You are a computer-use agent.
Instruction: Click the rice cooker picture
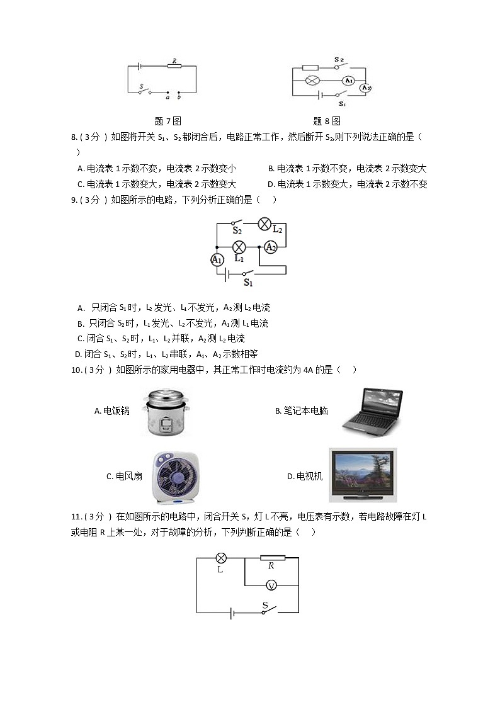165,412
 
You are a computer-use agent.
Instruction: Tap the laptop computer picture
372,412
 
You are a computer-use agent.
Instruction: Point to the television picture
363,475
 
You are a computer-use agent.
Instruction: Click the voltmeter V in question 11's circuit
271,585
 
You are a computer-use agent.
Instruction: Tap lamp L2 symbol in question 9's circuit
265,223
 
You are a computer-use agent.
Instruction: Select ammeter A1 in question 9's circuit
217,259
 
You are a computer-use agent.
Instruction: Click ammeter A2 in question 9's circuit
270,247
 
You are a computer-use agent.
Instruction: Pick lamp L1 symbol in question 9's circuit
239,247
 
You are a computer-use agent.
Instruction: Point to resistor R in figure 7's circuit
174,65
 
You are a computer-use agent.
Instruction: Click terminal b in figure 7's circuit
179,93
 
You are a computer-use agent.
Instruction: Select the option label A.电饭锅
111,410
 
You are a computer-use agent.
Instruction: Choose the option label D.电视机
304,477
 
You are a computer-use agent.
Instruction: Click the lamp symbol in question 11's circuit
221,558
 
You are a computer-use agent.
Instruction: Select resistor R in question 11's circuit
272,558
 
